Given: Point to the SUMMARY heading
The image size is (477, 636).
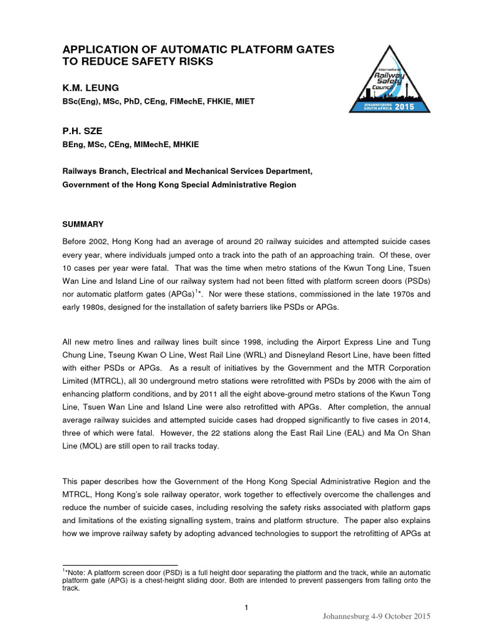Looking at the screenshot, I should [x=83, y=223].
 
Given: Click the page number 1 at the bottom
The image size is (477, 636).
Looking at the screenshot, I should [x=247, y=607].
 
